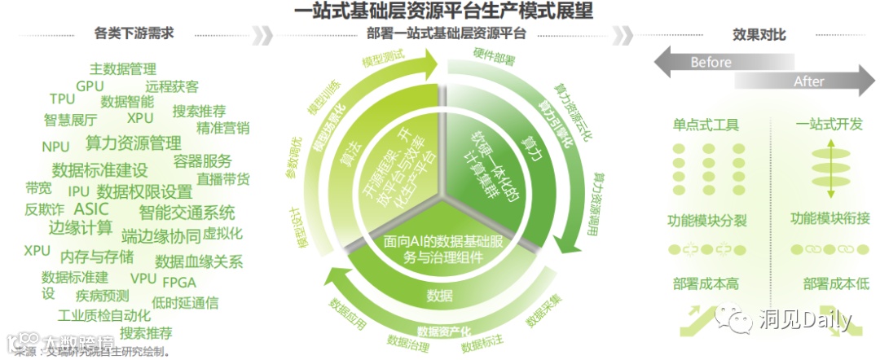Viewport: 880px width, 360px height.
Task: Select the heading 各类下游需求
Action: click(134, 34)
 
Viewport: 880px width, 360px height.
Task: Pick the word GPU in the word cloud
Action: click(90, 86)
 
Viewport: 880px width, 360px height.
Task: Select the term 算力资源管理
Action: click(134, 143)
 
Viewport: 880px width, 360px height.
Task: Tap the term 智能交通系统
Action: click(187, 213)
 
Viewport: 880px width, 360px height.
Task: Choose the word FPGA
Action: click(179, 282)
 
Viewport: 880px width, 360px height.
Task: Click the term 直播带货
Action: click(223, 179)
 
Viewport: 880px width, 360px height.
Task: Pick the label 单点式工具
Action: click(706, 125)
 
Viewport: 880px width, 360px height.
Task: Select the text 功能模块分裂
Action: click(706, 221)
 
